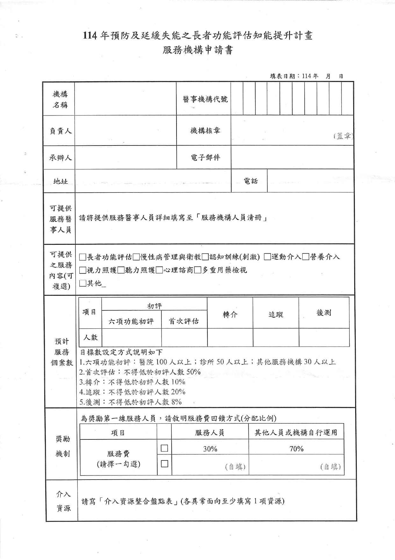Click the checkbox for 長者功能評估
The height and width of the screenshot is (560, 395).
point(83,257)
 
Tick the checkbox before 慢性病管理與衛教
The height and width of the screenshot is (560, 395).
point(136,257)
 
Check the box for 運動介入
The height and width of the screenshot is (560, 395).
point(268,257)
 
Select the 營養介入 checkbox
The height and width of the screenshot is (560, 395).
point(306,257)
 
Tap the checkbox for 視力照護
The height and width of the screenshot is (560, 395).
point(83,270)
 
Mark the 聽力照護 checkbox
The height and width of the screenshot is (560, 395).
point(121,270)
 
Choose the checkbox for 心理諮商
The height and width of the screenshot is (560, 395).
point(160,270)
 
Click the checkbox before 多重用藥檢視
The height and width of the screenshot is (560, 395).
point(197,270)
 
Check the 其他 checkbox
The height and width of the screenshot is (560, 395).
point(83,283)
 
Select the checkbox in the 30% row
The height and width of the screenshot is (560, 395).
point(164,448)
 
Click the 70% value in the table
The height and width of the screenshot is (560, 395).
point(296,449)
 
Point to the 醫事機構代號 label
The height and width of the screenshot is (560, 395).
point(205,99)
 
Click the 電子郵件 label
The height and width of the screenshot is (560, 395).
point(205,157)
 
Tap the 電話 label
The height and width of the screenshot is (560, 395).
point(251,181)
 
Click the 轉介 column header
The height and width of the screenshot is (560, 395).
point(230,314)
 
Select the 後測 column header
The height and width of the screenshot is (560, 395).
point(324,313)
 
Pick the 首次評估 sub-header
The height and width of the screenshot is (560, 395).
point(184,321)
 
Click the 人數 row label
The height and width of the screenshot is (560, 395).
point(90,337)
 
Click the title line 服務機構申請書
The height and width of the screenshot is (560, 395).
point(197,50)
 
